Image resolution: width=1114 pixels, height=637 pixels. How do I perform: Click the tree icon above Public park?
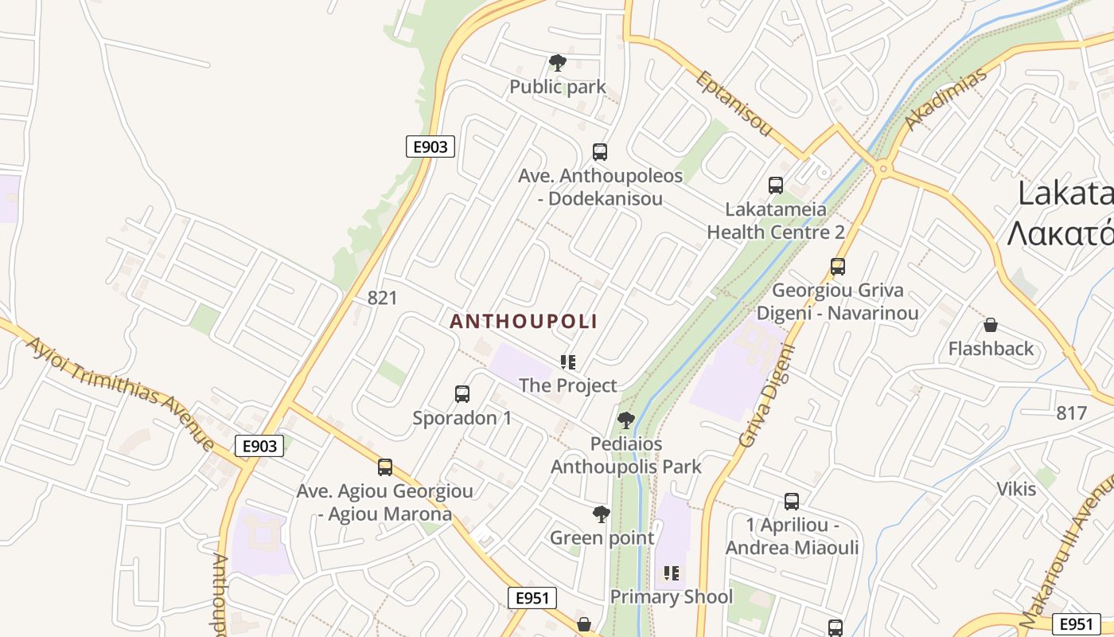(x=558, y=62)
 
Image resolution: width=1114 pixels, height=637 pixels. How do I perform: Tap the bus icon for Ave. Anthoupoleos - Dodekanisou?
(x=600, y=151)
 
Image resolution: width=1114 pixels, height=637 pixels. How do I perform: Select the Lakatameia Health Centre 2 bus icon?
(x=776, y=186)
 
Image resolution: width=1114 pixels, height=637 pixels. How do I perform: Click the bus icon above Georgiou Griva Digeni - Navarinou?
(x=837, y=266)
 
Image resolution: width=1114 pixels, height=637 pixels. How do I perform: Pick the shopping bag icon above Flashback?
(x=991, y=325)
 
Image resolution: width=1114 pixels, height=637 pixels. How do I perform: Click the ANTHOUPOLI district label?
(x=524, y=322)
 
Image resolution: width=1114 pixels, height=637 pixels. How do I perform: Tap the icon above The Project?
(x=567, y=362)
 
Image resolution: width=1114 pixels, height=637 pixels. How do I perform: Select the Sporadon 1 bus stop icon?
(x=462, y=393)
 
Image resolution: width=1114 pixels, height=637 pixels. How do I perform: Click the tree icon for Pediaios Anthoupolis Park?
(x=626, y=420)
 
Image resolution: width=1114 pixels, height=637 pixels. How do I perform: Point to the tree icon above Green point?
(x=602, y=514)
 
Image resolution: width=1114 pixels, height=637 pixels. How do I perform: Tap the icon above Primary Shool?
(x=672, y=573)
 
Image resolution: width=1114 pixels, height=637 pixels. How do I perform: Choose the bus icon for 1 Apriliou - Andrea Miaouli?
(x=791, y=501)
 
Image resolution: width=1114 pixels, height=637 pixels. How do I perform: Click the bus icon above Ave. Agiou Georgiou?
(x=385, y=467)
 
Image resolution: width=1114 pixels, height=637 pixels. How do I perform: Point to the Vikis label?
(x=1017, y=488)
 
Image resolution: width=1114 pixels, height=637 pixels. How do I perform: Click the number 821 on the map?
(x=382, y=298)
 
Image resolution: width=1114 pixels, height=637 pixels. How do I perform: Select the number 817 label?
(x=1072, y=413)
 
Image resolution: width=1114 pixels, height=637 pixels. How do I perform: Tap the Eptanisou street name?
(x=734, y=103)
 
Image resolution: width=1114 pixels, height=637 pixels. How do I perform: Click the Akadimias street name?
(x=946, y=99)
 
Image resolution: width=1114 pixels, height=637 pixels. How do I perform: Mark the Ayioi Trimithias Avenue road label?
(x=119, y=393)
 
